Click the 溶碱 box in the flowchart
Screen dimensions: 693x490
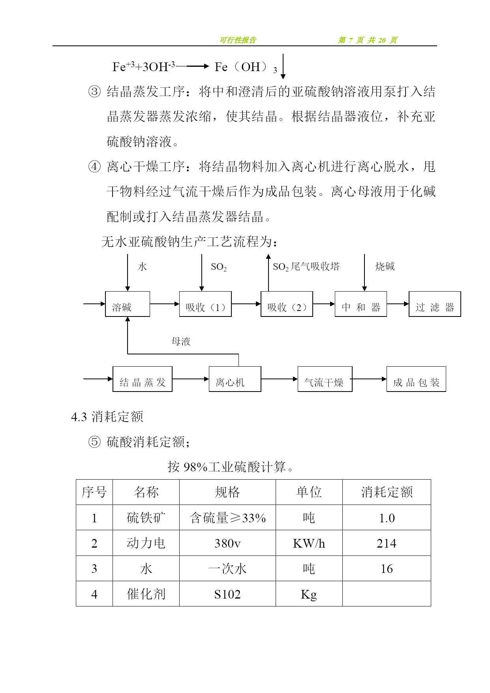tap(127, 304)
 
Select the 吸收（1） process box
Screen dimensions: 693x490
tap(205, 304)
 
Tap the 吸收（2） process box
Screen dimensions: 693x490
tap(287, 304)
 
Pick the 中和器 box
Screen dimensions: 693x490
tap(360, 304)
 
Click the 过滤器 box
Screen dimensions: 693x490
tap(435, 304)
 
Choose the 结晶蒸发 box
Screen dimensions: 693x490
tap(142, 379)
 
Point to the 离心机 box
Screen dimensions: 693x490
tap(235, 379)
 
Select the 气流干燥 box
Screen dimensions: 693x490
tap(325, 379)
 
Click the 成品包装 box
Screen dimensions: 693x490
tap(416, 379)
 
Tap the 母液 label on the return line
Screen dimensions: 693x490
tap(181, 341)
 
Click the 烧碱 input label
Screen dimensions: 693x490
tap(385, 267)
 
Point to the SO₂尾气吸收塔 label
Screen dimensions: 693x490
tap(306, 267)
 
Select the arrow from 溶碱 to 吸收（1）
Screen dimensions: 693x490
tap(165, 304)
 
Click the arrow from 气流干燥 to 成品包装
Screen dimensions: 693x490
tap(369, 379)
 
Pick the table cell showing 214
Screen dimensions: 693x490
tap(387, 543)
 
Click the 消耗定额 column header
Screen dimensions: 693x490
tap(387, 492)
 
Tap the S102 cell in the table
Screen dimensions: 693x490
tap(227, 594)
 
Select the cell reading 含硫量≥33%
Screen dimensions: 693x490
tap(227, 518)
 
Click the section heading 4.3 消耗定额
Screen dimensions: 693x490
tap(107, 417)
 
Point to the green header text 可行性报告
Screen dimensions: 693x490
tap(238, 40)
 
